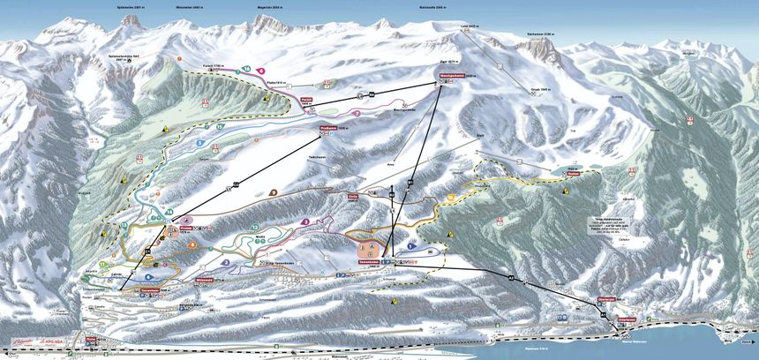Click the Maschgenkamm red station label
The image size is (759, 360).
[x=452, y=77]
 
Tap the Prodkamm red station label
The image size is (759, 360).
[x=327, y=129]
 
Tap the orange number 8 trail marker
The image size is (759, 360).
[x=192, y=245]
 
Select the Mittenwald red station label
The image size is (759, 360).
[x=206, y=280]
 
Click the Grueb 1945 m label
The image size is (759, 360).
[x=540, y=89]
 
